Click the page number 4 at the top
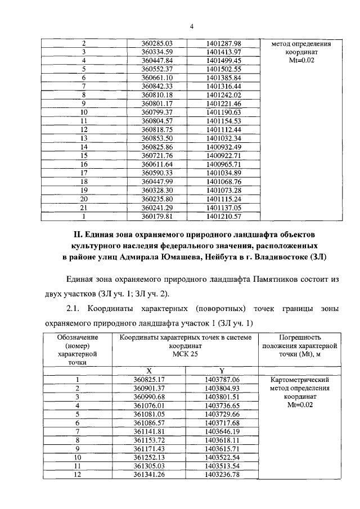point(191,26)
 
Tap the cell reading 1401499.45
point(223,60)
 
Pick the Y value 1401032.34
point(223,138)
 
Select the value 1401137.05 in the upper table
point(223,207)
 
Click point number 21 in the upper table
point(84,207)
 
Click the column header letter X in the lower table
point(150,371)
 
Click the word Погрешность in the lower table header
point(299,336)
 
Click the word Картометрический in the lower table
point(299,380)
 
